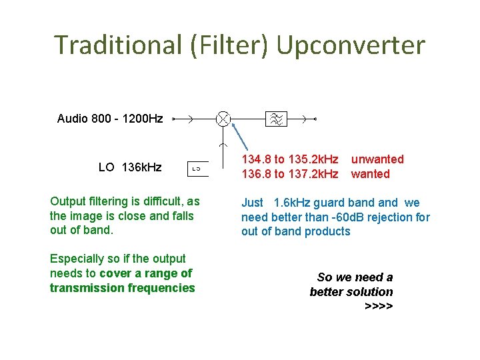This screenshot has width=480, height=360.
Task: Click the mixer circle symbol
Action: pos(223,119)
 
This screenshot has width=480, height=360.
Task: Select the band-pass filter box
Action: pos(275,119)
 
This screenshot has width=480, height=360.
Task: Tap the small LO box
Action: pos(197,169)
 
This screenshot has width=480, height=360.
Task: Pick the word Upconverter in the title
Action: pos(350,45)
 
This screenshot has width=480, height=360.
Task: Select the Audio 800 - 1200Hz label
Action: pos(110,119)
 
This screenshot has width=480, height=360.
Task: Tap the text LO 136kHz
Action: pos(130,167)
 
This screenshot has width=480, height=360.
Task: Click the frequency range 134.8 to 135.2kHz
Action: pos(289,159)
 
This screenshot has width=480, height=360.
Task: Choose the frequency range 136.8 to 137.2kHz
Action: pos(289,174)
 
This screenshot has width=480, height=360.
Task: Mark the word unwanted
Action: pos(377,159)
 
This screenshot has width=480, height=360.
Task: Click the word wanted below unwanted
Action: pos(370,174)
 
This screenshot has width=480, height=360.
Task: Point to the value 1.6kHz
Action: pos(292,203)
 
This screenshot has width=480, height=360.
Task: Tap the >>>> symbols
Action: pos(379,306)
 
